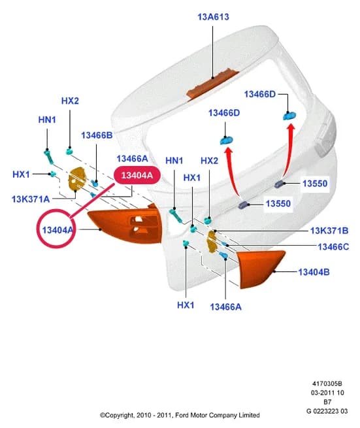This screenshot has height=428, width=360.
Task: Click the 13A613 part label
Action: click(213, 17)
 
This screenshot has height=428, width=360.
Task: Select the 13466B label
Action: click(97, 135)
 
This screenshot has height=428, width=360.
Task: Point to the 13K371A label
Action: click(31, 199)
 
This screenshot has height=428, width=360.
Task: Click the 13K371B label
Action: click(329, 231)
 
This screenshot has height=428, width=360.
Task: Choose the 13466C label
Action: click(333, 247)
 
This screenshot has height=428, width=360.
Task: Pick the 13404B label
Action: click(314, 272)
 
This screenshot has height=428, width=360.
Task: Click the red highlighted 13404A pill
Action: click(137, 175)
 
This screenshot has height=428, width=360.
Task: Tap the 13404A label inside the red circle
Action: click(57, 230)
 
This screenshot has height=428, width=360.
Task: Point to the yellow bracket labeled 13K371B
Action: click(212, 242)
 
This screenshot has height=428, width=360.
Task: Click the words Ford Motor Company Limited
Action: click(218, 415)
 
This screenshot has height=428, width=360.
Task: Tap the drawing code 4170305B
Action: click(327, 384)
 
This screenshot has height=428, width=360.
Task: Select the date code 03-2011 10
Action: click(327, 393)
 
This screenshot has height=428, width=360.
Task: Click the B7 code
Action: click(327, 402)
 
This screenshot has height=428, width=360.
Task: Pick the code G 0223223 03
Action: click(327, 411)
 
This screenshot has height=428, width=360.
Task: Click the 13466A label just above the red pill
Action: click(133, 159)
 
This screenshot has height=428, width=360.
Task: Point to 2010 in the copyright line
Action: click(143, 415)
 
